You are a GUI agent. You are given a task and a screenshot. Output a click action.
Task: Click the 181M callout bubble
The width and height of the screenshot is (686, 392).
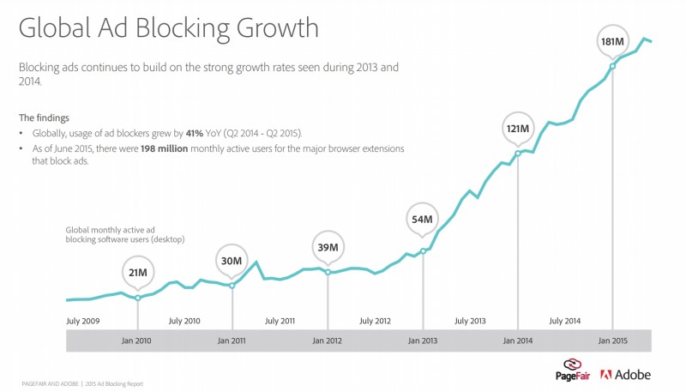(612, 39)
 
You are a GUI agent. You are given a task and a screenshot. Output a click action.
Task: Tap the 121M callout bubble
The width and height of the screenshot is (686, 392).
(518, 129)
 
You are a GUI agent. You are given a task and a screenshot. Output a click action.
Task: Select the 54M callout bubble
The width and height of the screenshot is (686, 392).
(423, 220)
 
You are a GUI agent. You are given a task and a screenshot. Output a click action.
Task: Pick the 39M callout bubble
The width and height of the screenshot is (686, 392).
(327, 248)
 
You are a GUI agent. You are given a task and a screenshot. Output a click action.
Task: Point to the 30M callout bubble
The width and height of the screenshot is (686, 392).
(232, 260)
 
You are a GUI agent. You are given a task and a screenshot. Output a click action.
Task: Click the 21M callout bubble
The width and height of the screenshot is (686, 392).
(137, 273)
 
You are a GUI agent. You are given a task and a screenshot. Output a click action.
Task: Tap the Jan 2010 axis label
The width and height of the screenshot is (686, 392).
(136, 341)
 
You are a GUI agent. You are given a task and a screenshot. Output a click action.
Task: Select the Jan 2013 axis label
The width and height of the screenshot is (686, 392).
(422, 341)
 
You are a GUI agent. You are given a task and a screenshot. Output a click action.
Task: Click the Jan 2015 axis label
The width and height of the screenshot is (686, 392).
(612, 341)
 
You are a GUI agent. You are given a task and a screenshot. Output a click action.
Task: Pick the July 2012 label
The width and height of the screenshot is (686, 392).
(375, 321)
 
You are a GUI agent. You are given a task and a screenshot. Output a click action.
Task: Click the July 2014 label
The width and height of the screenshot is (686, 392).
(565, 321)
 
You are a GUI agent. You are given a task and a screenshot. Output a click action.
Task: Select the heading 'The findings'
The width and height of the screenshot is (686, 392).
(44, 118)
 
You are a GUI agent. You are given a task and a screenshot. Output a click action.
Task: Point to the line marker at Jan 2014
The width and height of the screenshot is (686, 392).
(518, 154)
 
